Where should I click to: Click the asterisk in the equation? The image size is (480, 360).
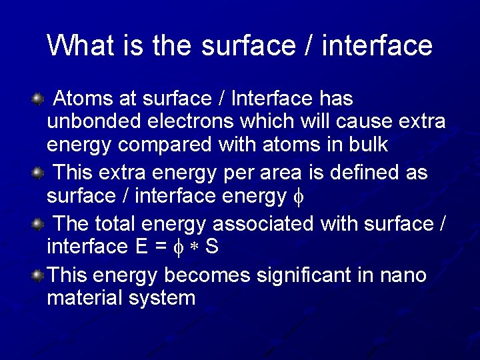click(195, 248)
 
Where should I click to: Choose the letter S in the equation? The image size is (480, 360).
click(211, 247)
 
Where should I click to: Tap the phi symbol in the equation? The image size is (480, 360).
click(177, 248)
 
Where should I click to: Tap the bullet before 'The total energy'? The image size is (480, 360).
click(37, 223)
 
